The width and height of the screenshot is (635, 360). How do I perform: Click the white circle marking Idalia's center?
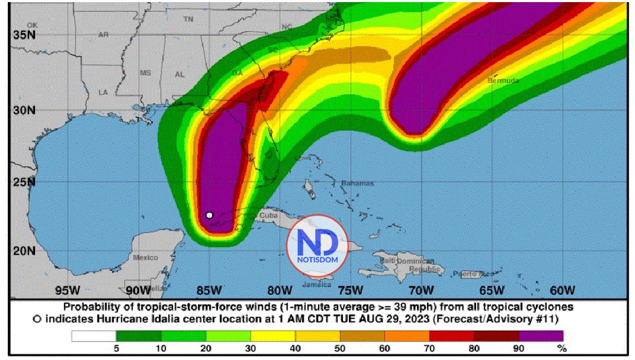(x=210, y=215)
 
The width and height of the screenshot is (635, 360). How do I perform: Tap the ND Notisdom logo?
(x=316, y=245)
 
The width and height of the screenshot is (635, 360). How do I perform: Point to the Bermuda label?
(x=503, y=81)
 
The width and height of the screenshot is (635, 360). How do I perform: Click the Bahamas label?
(x=357, y=183)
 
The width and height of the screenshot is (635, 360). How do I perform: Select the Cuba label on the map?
(x=268, y=216)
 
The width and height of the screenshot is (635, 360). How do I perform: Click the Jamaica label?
(x=316, y=284)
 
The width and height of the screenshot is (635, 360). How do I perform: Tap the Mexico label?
(x=145, y=257)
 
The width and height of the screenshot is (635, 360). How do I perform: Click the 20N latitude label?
(x=23, y=250)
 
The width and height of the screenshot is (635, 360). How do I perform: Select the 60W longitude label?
(x=562, y=290)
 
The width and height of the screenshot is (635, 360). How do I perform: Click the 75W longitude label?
(x=350, y=290)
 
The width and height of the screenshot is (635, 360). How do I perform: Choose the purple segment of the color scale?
(x=541, y=336)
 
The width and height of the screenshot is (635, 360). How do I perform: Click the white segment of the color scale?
(x=94, y=336)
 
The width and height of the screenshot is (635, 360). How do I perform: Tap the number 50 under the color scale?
(x=340, y=349)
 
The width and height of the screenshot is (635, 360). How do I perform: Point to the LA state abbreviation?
(x=103, y=92)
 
